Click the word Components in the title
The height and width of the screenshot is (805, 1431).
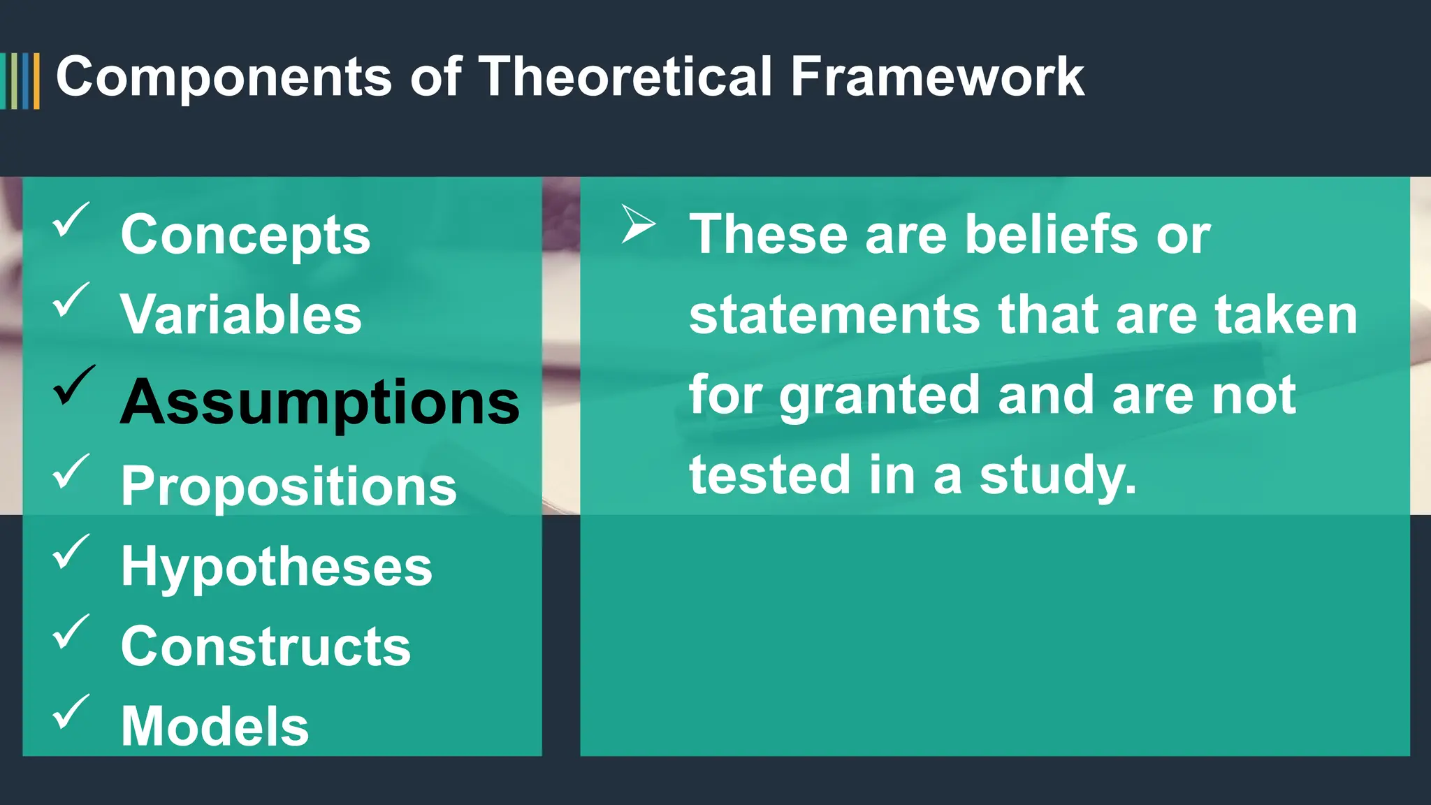(224, 77)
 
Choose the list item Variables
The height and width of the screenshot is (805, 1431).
(241, 314)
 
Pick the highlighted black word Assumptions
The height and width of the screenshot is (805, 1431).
(320, 402)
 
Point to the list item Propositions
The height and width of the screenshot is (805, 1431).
(289, 486)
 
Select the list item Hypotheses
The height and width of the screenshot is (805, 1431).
(276, 567)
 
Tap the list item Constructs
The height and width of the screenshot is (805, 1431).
(266, 646)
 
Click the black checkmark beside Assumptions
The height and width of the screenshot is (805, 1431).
(73, 386)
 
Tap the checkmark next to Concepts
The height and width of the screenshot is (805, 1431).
(71, 219)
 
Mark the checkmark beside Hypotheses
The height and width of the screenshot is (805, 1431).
(71, 551)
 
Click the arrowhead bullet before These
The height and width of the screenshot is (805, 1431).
(638, 224)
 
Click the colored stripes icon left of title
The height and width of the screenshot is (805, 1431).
(20, 80)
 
